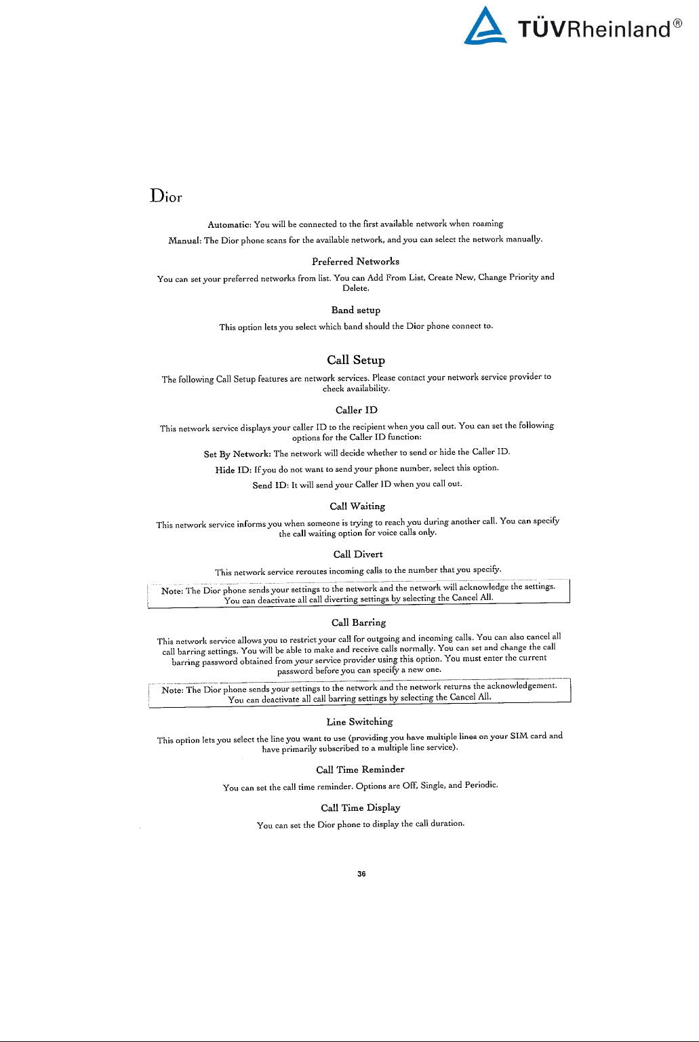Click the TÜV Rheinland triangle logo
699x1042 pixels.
tap(485, 27)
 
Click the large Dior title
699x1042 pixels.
tap(166, 196)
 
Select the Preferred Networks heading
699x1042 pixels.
tap(355, 262)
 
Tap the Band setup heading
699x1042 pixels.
tap(355, 310)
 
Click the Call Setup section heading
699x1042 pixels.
tap(355, 360)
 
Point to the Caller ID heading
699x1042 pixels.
tap(356, 410)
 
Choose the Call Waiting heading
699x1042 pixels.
tap(357, 506)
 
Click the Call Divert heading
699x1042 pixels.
tap(357, 555)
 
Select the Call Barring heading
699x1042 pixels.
tap(358, 622)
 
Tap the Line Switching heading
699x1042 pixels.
tap(359, 722)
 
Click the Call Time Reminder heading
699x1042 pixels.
tap(360, 769)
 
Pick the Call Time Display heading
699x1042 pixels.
tap(360, 807)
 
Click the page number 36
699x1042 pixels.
tap(361, 874)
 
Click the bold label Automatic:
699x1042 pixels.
tap(229, 224)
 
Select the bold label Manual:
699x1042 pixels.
tap(184, 241)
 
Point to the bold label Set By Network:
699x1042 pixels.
tap(237, 454)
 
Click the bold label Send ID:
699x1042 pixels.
tap(271, 485)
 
